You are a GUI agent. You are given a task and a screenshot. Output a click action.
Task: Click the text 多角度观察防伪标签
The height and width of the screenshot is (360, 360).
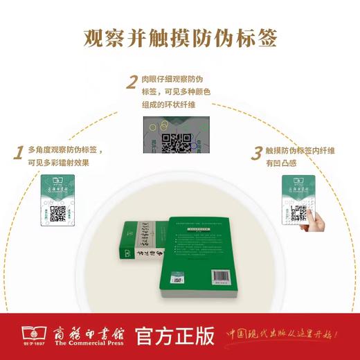[x=66, y=150]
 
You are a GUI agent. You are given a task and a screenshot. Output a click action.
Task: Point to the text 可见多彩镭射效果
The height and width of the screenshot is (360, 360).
[x=58, y=163]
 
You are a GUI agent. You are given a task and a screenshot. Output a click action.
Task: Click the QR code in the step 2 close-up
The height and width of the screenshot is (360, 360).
[x=176, y=142]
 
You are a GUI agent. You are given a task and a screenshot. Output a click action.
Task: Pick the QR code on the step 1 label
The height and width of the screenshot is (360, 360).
[x=57, y=214]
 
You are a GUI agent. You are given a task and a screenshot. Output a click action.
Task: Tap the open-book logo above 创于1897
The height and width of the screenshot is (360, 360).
[x=24, y=332]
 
